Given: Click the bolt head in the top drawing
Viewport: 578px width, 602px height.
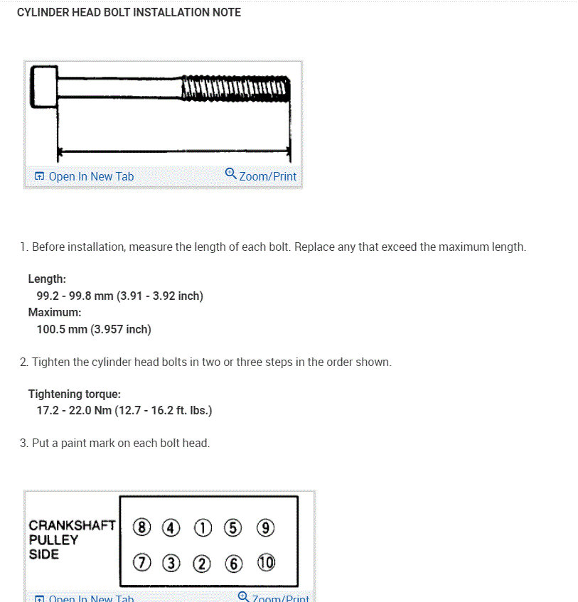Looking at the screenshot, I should pyautogui.click(x=44, y=87).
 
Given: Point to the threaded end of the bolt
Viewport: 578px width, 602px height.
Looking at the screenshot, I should pyautogui.click(x=235, y=89).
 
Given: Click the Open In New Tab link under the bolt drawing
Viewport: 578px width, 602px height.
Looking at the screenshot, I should pyautogui.click(x=85, y=176).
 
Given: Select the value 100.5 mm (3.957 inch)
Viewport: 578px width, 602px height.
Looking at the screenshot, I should pyautogui.click(x=94, y=329).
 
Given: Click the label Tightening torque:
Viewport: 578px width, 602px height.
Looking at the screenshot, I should pyautogui.click(x=75, y=394).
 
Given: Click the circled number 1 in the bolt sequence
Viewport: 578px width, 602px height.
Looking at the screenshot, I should pyautogui.click(x=203, y=528).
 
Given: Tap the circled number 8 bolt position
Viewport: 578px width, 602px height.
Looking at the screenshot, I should pyautogui.click(x=142, y=528).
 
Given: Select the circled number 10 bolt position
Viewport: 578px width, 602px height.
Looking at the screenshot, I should pyautogui.click(x=266, y=564).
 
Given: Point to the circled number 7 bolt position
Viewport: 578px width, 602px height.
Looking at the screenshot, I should pyautogui.click(x=142, y=564).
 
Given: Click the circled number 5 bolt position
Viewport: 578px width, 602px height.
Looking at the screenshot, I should pyautogui.click(x=233, y=528).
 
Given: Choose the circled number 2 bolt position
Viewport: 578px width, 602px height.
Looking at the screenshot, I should pyautogui.click(x=203, y=564).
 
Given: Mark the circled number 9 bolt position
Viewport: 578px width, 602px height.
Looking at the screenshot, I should pyautogui.click(x=265, y=528).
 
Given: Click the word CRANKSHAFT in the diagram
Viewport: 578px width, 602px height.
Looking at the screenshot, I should pyautogui.click(x=72, y=526).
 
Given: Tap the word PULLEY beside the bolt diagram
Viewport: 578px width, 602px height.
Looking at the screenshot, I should pyautogui.click(x=53, y=539).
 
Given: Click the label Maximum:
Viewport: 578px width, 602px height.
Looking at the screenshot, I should pyautogui.click(x=55, y=312).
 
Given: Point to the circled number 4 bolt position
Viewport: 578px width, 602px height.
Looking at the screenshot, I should pyautogui.click(x=171, y=528).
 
